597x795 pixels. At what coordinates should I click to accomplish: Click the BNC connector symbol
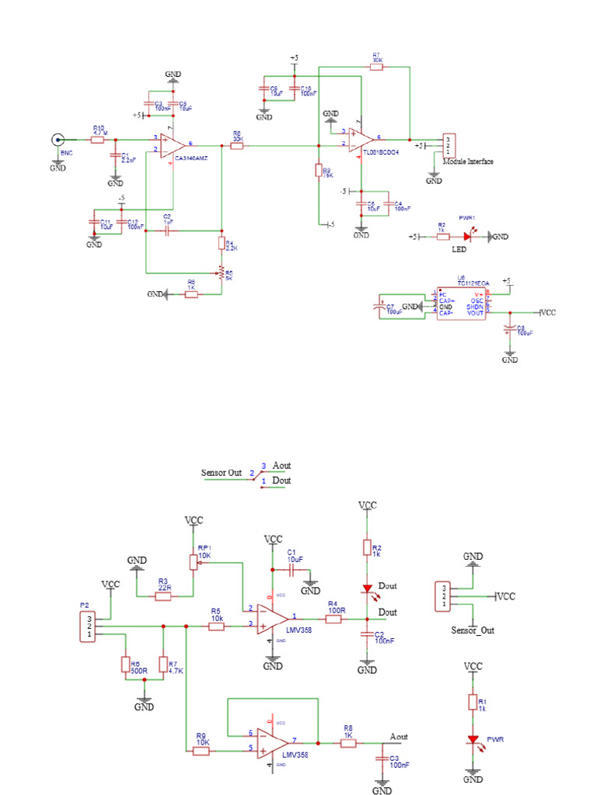pyautogui.click(x=58, y=140)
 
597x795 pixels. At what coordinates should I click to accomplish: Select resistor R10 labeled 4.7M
pyautogui.click(x=98, y=140)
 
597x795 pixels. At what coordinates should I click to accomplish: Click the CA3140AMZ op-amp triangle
pyautogui.click(x=172, y=145)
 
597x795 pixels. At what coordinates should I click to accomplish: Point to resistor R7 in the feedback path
pyautogui.click(x=377, y=68)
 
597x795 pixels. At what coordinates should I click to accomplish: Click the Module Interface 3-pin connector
pyautogui.click(x=448, y=144)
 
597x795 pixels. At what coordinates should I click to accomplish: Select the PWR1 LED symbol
pyautogui.click(x=468, y=236)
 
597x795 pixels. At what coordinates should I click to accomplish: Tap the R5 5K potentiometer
pyautogui.click(x=222, y=273)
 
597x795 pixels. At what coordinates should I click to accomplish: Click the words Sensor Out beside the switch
pyautogui.click(x=222, y=472)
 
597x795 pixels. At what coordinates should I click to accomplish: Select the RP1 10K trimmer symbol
pyautogui.click(x=194, y=561)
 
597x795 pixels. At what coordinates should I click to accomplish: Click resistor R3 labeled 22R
pyautogui.click(x=163, y=596)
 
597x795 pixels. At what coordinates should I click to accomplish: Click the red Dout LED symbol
pyautogui.click(x=366, y=590)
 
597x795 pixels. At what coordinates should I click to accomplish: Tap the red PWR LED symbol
pyautogui.click(x=471, y=741)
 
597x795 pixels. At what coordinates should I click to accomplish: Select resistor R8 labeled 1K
pyautogui.click(x=348, y=743)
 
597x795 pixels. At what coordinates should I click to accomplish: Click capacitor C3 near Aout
pyautogui.click(x=382, y=758)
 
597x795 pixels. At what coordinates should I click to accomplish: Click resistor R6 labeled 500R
pyautogui.click(x=124, y=665)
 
